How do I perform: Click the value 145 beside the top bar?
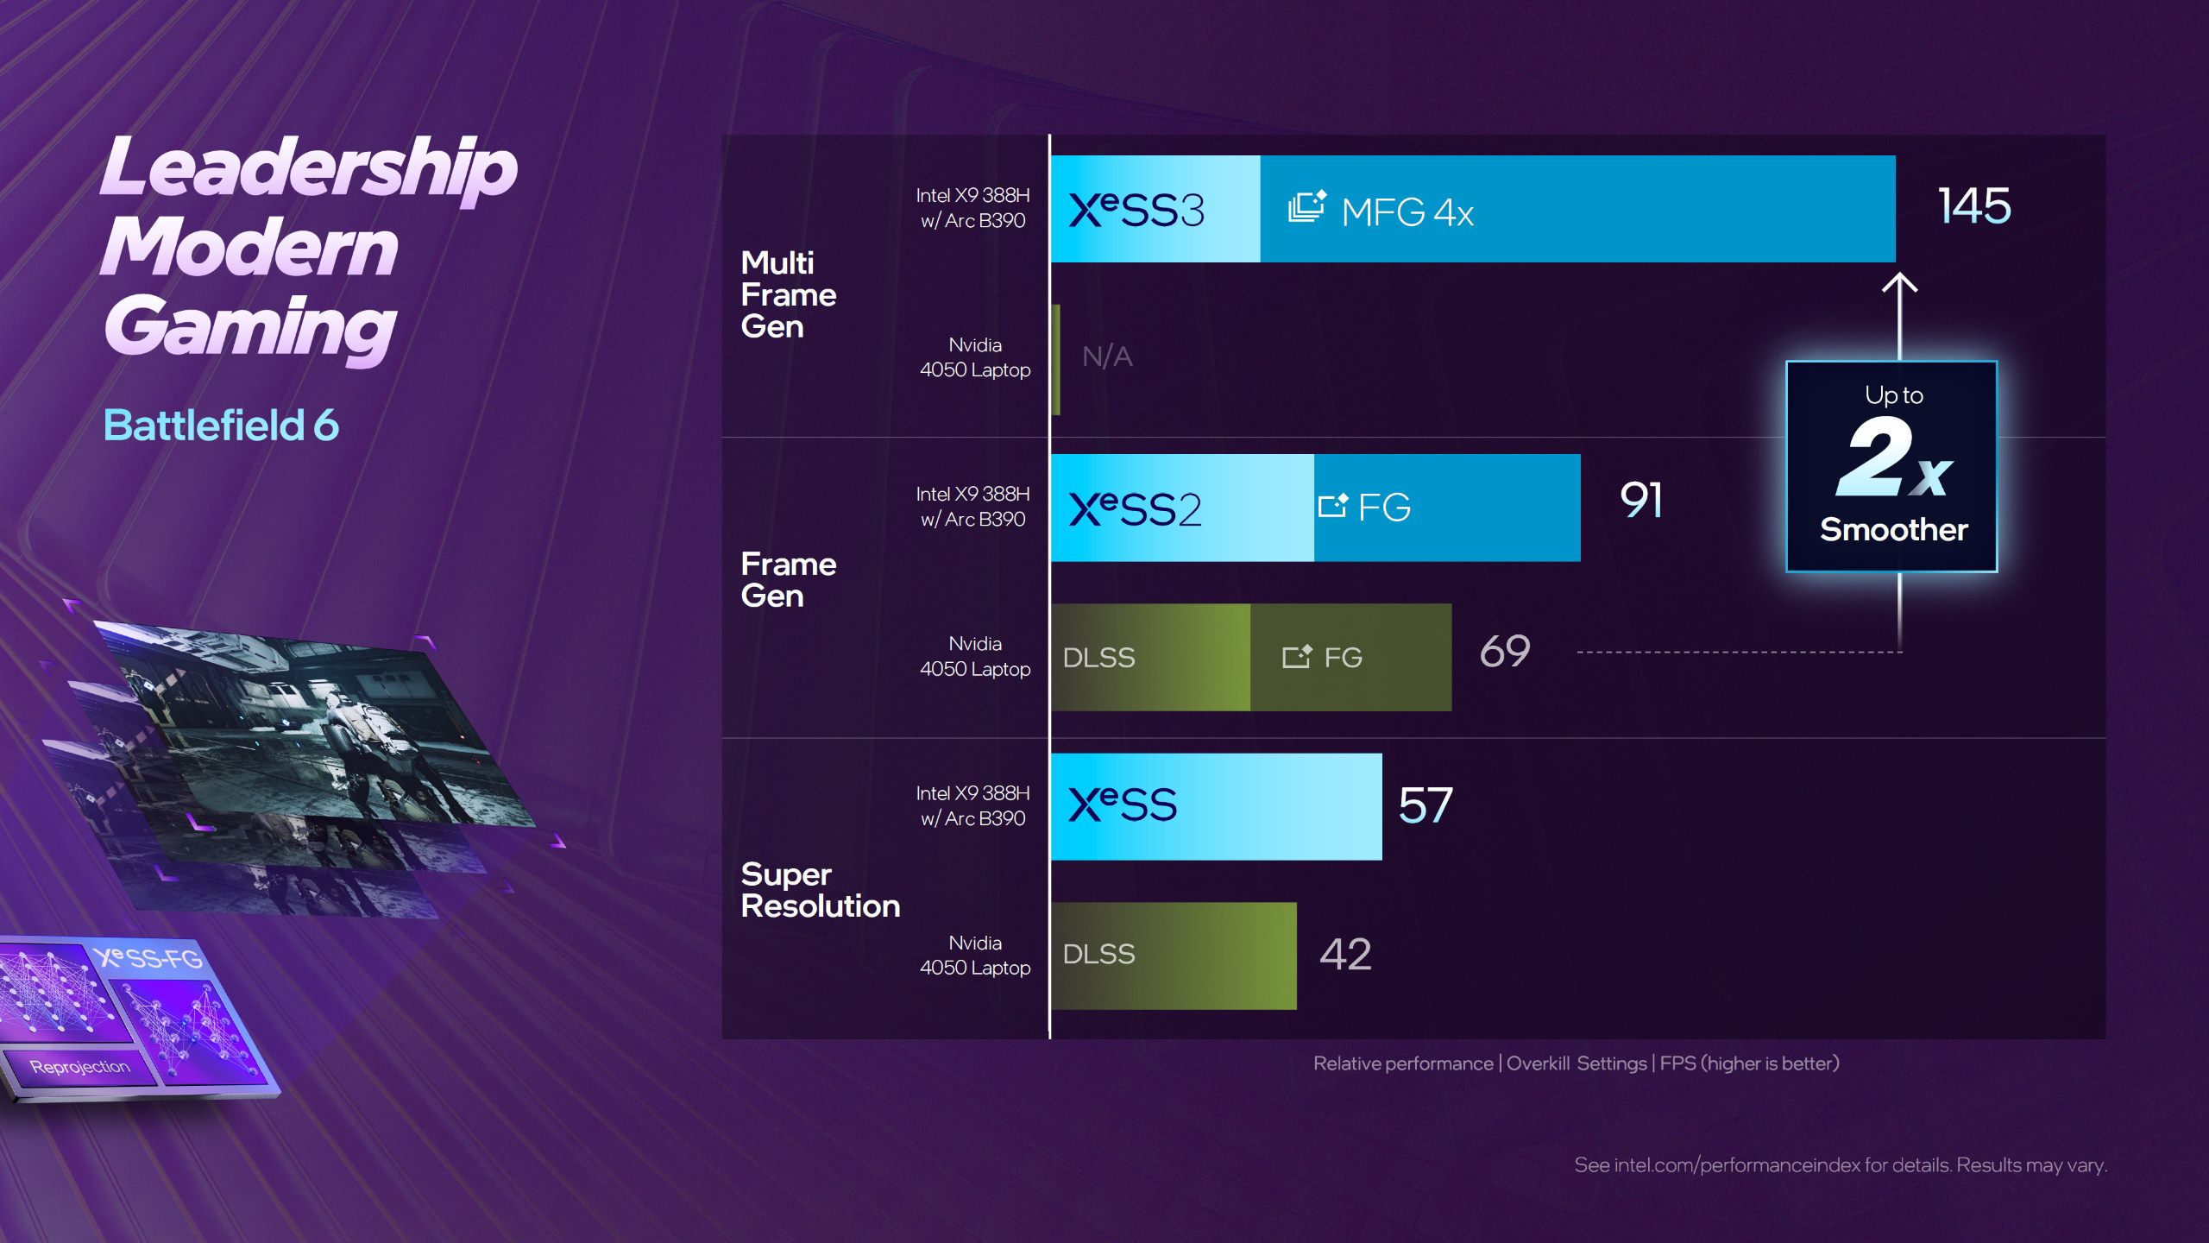(x=1974, y=206)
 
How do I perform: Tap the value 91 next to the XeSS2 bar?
(x=1641, y=501)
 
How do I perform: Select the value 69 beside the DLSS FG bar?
(x=1505, y=652)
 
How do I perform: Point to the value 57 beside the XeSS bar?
(x=1425, y=805)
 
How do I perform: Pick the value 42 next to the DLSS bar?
(x=1345, y=955)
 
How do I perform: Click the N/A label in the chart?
(x=1107, y=356)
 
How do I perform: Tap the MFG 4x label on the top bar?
(x=1407, y=212)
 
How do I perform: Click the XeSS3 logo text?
(x=1136, y=211)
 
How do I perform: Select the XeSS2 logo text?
(x=1135, y=509)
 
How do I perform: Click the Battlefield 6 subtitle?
(x=221, y=426)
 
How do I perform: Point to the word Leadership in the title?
(x=309, y=167)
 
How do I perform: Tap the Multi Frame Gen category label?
(x=788, y=295)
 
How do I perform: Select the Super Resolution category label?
(x=820, y=891)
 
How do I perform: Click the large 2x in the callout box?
(x=1893, y=458)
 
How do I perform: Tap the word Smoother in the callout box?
(x=1893, y=530)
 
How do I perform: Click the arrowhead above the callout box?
(x=1899, y=283)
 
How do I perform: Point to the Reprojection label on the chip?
(x=80, y=1067)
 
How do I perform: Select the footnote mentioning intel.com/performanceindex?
(x=1840, y=1165)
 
